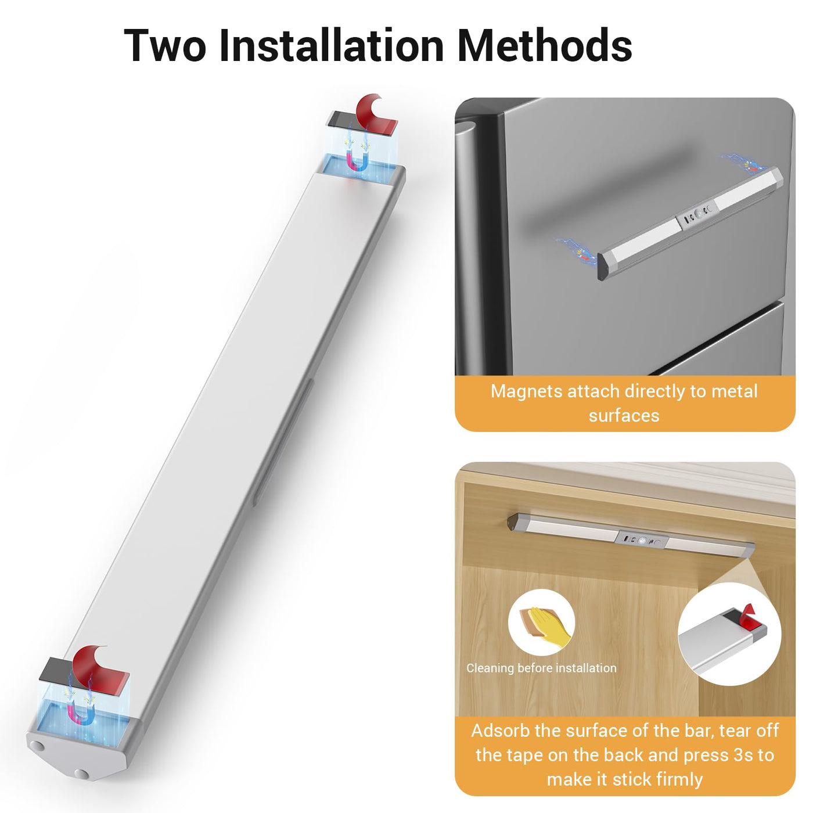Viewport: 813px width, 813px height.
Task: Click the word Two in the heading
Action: [165, 45]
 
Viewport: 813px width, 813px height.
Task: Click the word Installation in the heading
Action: [331, 45]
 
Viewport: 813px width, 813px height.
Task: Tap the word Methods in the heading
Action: [544, 45]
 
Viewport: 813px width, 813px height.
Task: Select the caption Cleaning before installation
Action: [541, 668]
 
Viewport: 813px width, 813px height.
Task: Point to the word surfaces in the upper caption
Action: [624, 416]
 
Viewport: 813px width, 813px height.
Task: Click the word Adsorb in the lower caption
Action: [500, 731]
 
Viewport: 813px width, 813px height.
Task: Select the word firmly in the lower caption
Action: [678, 780]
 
